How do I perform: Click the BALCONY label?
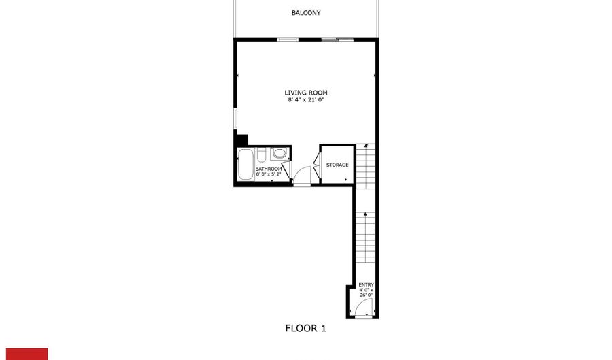(306, 13)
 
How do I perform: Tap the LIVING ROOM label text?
(306, 93)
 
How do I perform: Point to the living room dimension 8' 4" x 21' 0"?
(306, 100)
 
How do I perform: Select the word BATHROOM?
(269, 169)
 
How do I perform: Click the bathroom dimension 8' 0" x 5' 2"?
(269, 174)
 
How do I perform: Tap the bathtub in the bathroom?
(245, 164)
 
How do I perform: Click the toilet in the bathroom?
(262, 155)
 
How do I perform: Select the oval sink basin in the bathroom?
(279, 152)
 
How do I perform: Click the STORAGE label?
(337, 165)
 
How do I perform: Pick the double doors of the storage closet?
(316, 165)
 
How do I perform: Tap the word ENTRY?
(366, 285)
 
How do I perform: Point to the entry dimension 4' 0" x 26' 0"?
(366, 293)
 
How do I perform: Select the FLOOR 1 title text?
(305, 329)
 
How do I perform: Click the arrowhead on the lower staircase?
(365, 214)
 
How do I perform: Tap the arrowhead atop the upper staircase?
(366, 146)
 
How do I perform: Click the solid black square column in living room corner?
(242, 140)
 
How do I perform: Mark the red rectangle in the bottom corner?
(27, 354)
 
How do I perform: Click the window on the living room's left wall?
(235, 118)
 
